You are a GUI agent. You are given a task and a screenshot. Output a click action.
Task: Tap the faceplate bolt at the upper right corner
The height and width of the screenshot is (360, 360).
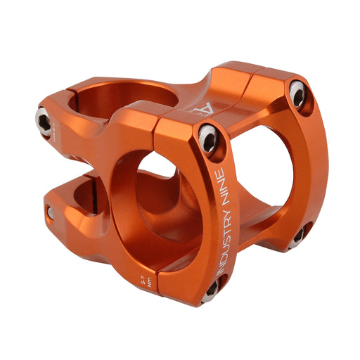coord(297,93)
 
